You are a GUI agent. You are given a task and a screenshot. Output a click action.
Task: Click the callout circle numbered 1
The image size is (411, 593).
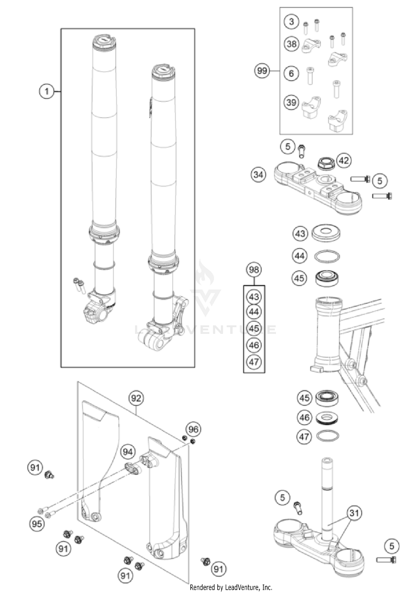click(47, 91)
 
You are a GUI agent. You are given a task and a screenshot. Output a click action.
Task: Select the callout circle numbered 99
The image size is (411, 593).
click(262, 71)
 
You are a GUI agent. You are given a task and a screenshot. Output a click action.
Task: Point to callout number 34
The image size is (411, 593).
click(258, 175)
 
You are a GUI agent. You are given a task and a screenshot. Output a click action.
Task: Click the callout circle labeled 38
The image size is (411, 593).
click(292, 44)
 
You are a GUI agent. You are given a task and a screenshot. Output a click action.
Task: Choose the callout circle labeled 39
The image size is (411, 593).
click(291, 102)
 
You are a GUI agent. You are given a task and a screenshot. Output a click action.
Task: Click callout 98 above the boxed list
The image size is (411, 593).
click(254, 270)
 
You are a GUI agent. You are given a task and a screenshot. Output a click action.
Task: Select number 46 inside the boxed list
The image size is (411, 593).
click(254, 345)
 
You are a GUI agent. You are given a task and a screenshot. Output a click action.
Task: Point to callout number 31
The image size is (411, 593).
click(354, 513)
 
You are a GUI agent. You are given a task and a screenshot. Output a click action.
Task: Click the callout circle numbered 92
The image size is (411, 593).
click(136, 398)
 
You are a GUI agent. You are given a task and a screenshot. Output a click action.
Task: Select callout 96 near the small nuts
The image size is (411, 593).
click(193, 429)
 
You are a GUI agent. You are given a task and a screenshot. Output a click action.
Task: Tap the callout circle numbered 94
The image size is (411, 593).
click(128, 452)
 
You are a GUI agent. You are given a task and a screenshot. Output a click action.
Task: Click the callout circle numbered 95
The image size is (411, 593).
click(37, 524)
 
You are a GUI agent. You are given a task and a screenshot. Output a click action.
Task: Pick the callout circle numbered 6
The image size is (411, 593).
click(291, 73)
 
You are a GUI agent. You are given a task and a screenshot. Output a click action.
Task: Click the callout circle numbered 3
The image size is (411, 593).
click(291, 22)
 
